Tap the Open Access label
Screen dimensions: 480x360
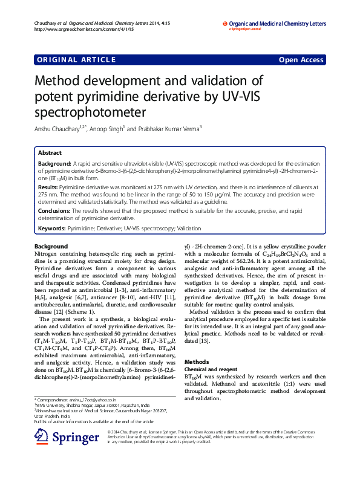tap(301, 59)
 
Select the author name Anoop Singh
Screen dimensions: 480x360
tap(106, 128)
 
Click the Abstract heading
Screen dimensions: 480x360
tap(50, 154)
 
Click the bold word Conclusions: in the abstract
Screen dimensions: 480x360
tap(54, 210)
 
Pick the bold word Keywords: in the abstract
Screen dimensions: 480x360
tap(52, 229)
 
